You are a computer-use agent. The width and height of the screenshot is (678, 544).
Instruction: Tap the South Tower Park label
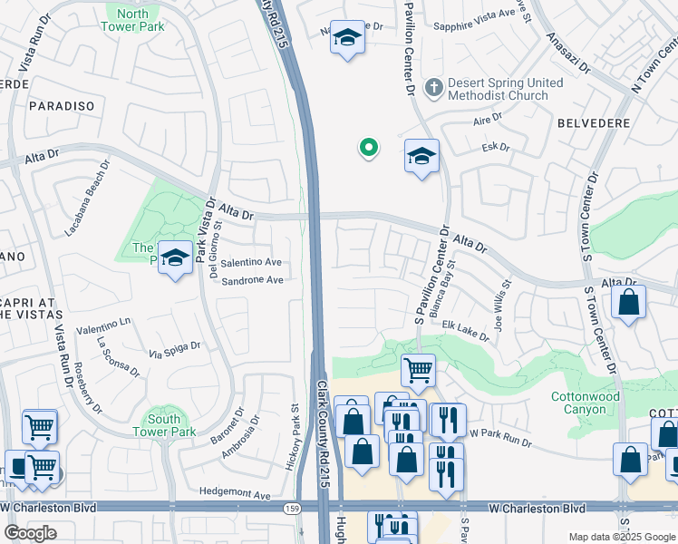[x=164, y=425]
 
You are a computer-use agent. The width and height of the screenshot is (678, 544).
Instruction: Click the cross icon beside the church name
[x=434, y=87]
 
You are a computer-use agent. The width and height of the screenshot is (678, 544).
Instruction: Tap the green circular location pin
[x=368, y=147]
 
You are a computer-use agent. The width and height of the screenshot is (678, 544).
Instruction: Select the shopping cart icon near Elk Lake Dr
[x=418, y=369]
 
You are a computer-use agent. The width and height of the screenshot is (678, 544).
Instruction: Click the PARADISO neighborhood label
[x=62, y=106]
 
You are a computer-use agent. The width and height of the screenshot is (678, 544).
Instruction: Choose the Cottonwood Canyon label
[x=586, y=403]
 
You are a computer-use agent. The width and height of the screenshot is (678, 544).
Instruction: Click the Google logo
[x=30, y=533]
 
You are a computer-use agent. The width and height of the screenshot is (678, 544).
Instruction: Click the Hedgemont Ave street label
[x=236, y=495]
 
